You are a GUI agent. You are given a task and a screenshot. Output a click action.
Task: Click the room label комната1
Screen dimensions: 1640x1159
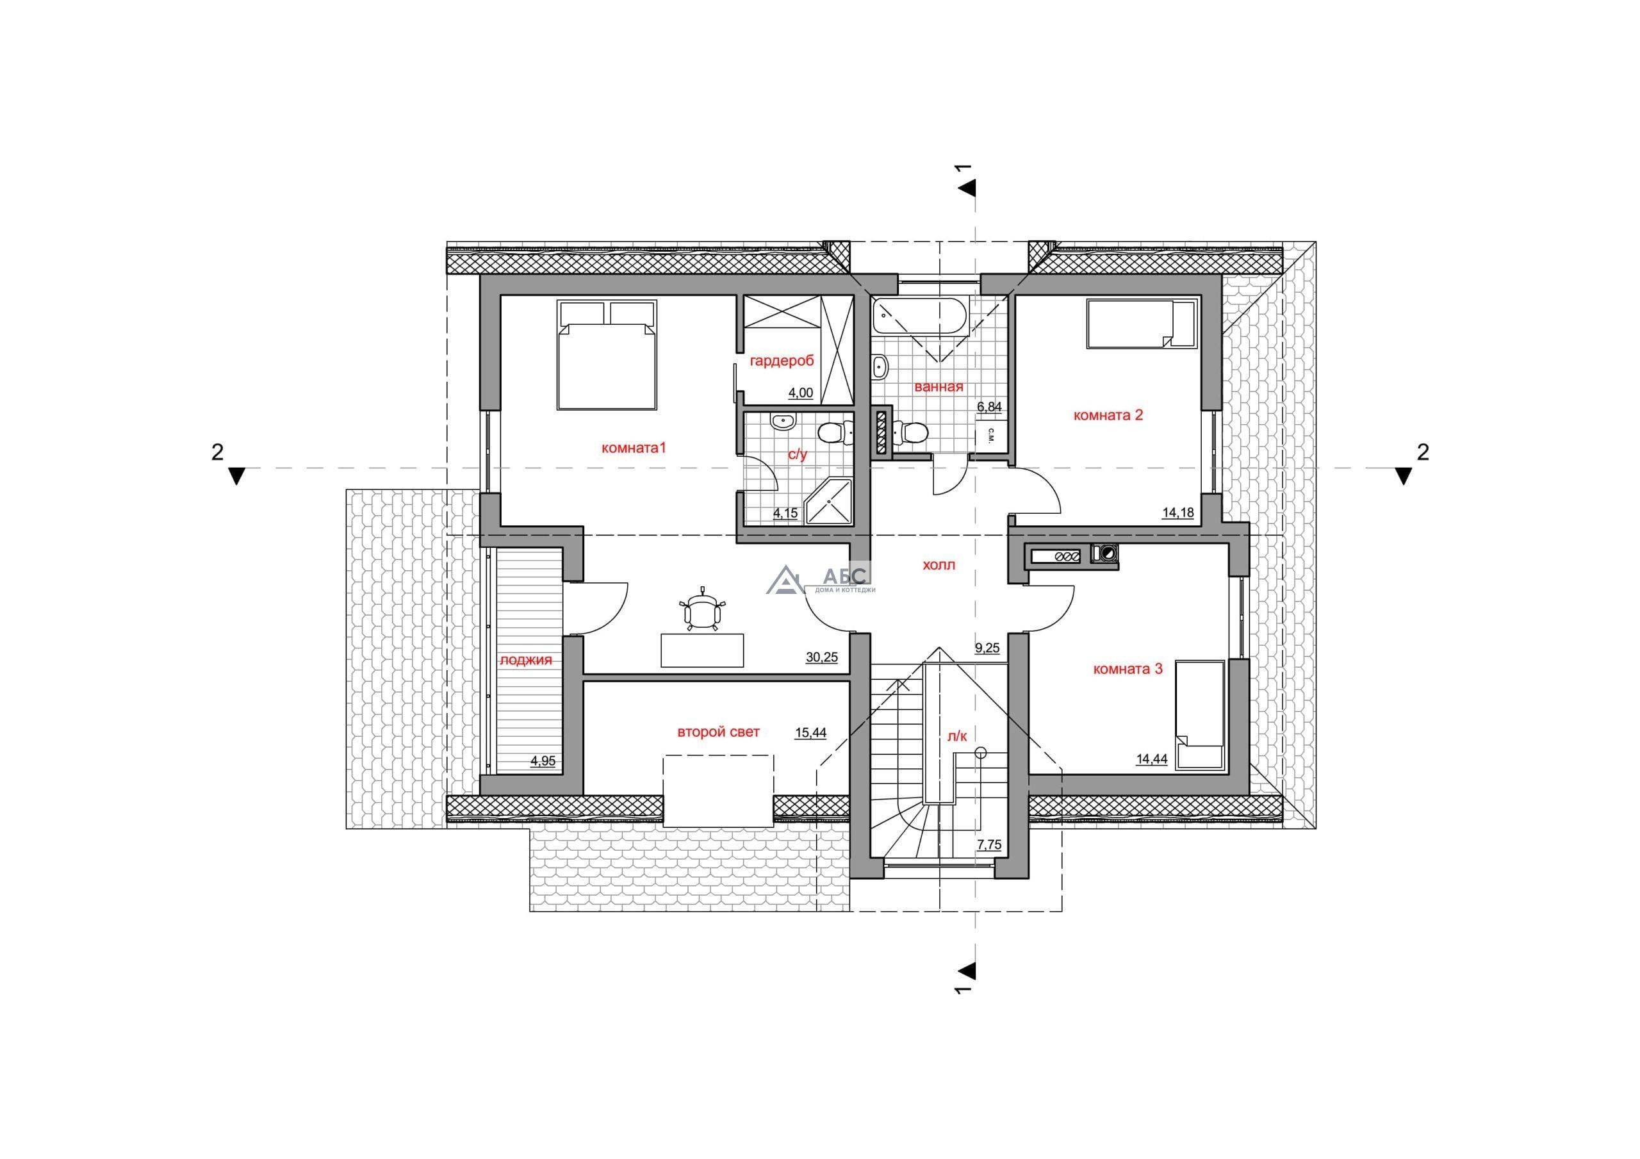(634, 448)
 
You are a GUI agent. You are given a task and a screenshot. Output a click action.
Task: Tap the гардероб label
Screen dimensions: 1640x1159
(782, 361)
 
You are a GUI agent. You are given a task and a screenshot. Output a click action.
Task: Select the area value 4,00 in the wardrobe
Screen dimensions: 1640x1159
(800, 392)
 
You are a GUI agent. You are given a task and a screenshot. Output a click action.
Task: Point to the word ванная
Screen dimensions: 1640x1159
(939, 386)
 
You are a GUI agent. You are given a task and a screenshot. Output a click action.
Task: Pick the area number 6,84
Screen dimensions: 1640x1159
(989, 407)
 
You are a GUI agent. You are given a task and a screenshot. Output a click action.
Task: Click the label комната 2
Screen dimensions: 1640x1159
(1108, 415)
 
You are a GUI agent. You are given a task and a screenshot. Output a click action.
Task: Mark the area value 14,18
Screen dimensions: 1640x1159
(1178, 513)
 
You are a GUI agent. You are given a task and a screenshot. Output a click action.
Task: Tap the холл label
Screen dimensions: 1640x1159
(939, 564)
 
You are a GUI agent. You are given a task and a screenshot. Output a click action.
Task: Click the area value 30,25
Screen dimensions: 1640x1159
(821, 657)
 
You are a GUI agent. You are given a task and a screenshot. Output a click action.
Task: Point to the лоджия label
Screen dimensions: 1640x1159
(526, 659)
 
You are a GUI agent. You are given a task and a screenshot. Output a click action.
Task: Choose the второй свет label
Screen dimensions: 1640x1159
(718, 732)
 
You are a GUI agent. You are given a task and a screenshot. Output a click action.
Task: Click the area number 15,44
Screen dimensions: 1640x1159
(811, 732)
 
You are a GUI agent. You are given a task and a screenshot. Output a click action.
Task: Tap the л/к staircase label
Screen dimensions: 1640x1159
(957, 737)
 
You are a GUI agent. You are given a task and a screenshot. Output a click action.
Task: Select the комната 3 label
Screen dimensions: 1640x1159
(1128, 669)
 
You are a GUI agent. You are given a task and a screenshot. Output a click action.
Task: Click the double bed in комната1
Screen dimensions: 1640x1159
(607, 354)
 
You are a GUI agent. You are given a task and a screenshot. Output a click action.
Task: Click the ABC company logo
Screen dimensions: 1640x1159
(821, 579)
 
